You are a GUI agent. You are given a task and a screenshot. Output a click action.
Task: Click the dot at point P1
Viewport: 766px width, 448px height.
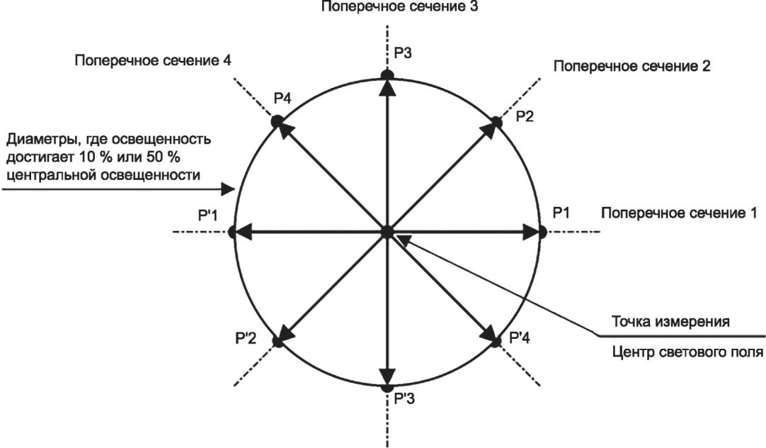543,231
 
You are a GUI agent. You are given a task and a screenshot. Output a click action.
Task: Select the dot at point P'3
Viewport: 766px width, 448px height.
387,388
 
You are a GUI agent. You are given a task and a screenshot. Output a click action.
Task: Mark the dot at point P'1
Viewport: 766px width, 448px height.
231,231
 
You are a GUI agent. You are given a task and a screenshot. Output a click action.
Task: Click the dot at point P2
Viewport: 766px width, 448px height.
497,122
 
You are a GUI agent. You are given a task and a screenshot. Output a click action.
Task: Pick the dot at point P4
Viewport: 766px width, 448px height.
277,121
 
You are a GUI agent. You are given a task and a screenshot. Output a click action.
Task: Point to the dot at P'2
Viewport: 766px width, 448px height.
278,342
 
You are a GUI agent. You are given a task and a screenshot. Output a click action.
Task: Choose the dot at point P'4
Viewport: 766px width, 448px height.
496,341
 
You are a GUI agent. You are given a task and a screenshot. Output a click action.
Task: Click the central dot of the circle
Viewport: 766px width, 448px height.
387,231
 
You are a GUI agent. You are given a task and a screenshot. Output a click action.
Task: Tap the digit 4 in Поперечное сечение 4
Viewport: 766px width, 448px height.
226,60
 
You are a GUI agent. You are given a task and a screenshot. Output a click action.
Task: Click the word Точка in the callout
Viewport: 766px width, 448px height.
630,321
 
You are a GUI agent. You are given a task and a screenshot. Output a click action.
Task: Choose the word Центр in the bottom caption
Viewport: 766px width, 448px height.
631,350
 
